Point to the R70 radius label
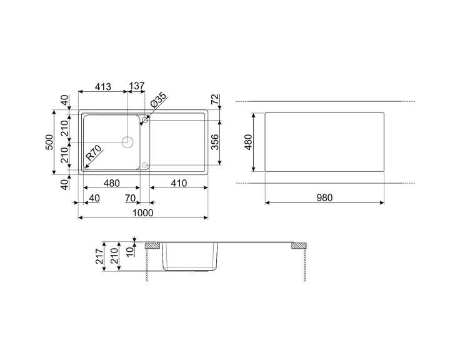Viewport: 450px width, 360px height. pos(94,153)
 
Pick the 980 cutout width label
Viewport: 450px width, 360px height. pos(324,197)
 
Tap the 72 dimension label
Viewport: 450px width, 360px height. pos(214,99)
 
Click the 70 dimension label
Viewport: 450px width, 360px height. pos(131,198)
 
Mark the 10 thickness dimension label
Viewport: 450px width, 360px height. pos(129,251)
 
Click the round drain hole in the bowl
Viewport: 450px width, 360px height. pos(128,142)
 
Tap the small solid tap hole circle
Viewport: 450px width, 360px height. pos(146,119)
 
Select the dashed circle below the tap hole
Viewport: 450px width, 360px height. pos(146,166)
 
